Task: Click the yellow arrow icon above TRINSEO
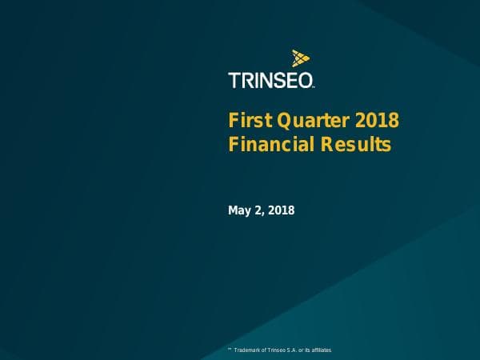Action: tap(301, 58)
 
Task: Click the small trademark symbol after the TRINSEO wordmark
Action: tap(314, 86)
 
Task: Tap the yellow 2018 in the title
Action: tap(376, 122)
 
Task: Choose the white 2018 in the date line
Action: tap(282, 210)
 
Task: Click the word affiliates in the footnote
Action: tap(321, 351)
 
